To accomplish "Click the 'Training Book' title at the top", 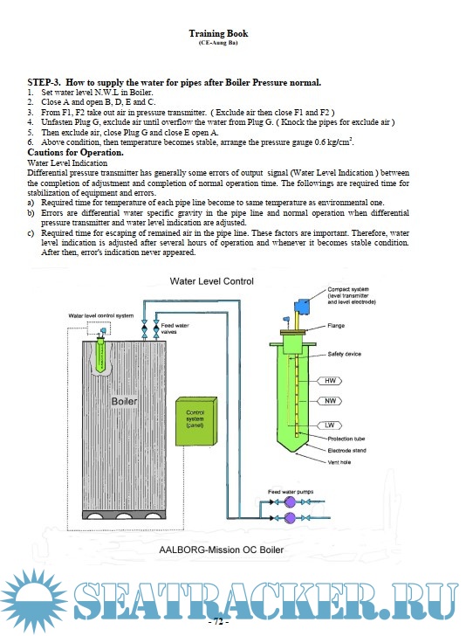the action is click(x=218, y=33).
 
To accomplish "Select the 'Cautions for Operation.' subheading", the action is click(x=75, y=153).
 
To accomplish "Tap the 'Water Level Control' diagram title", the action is click(x=211, y=281).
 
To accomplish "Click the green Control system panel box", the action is click(x=196, y=421).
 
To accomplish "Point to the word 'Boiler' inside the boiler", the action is click(x=125, y=401).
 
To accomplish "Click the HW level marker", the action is click(x=330, y=381).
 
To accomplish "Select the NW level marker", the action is click(x=330, y=401).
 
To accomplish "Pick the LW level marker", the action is click(x=330, y=425).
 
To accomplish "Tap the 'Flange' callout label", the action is click(x=336, y=325).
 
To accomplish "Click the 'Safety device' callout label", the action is click(x=345, y=354).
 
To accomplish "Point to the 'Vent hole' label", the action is click(x=339, y=462).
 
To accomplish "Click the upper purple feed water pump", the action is click(x=290, y=502).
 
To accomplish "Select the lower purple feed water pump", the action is click(x=290, y=517).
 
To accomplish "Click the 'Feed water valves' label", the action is click(x=175, y=328).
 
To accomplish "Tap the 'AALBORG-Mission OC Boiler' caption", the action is click(x=222, y=550).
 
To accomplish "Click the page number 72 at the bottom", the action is click(x=218, y=621).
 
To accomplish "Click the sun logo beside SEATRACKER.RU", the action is click(x=33, y=601).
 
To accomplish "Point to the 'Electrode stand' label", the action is click(x=346, y=450).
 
